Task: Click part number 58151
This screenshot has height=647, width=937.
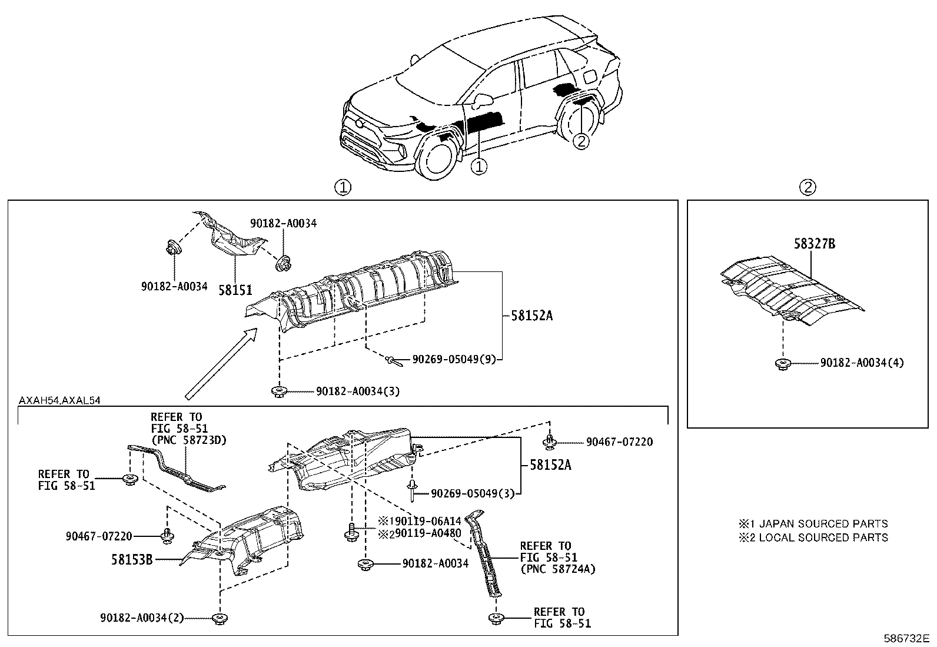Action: click(x=235, y=289)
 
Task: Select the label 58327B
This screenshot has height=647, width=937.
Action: click(x=814, y=243)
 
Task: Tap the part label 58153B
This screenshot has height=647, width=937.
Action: click(x=132, y=559)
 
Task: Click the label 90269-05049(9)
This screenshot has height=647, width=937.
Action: click(x=454, y=359)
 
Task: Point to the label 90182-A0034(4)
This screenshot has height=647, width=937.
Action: click(x=862, y=363)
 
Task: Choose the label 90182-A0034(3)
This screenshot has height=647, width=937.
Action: click(x=358, y=391)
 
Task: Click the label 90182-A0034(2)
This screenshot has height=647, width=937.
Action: click(x=142, y=618)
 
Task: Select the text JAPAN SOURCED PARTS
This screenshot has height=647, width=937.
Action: click(x=823, y=523)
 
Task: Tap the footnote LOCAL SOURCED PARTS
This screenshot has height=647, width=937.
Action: click(x=823, y=537)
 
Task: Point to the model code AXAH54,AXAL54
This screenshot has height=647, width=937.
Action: click(x=59, y=400)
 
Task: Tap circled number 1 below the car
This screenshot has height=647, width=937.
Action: click(x=480, y=167)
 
